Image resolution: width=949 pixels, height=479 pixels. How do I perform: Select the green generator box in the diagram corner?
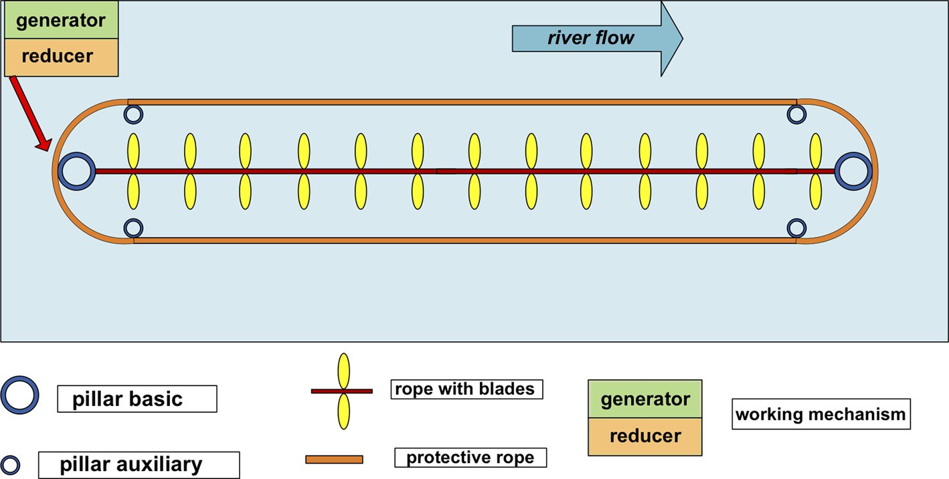61,21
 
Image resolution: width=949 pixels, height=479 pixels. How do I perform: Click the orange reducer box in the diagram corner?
61,57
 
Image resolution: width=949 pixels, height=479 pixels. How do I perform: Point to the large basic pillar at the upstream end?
76,171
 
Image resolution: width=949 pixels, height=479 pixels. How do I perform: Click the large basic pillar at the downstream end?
853,171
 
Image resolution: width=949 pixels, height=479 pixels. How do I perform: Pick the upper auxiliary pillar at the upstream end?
133,114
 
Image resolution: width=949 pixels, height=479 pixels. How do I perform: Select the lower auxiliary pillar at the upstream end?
133,228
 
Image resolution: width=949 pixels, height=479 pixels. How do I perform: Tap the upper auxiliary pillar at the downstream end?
796,114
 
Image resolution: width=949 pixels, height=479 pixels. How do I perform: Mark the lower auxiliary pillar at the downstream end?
796,228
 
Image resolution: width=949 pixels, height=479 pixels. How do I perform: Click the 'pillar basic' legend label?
137,399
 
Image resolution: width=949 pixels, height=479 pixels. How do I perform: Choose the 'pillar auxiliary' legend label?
139,465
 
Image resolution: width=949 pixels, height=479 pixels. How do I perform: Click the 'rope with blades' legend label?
466,389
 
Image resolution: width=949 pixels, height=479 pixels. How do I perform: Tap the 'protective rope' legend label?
470,458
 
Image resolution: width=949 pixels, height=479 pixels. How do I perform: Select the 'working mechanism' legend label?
821,415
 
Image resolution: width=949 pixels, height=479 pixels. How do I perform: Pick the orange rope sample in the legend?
334,459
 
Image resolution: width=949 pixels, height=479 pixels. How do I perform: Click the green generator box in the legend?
645,399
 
